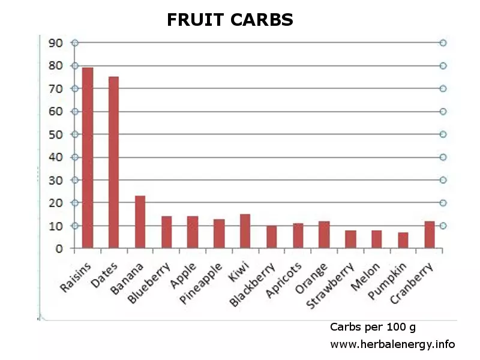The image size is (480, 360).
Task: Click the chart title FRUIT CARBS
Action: click(x=230, y=20)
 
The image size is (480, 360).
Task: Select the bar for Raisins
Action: click(x=88, y=158)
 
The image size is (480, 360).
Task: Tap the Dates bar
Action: click(x=113, y=162)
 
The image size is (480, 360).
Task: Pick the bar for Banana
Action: click(x=140, y=222)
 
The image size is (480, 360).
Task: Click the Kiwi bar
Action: click(x=245, y=231)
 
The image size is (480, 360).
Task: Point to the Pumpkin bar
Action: click(x=403, y=240)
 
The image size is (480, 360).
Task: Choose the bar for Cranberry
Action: click(x=429, y=235)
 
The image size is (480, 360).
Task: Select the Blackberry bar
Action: click(x=271, y=236)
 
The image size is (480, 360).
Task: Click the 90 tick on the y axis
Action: click(x=56, y=43)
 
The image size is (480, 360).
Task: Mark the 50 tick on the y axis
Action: click(x=56, y=134)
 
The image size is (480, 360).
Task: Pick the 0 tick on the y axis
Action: click(x=59, y=248)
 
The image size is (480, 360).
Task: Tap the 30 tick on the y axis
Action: click(x=56, y=180)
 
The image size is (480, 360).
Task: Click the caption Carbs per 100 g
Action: click(x=373, y=327)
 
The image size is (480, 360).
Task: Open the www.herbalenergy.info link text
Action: click(x=392, y=344)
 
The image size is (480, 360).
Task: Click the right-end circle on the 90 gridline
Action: click(x=443, y=43)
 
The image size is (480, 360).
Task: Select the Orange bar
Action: click(x=324, y=235)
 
